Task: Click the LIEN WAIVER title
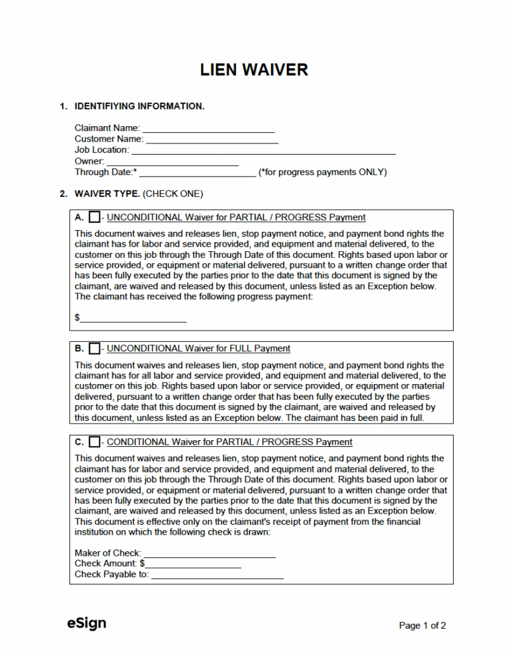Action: tap(254, 70)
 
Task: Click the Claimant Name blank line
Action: tap(208, 129)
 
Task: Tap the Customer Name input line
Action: tap(212, 139)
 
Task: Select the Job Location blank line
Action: tap(263, 151)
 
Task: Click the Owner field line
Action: tap(173, 162)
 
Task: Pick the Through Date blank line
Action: tap(197, 173)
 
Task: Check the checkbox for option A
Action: tap(95, 217)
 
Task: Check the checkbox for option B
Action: tap(95, 348)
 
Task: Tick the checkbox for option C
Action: tap(95, 442)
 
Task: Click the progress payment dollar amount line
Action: tap(133, 319)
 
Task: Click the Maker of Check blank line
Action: tap(209, 553)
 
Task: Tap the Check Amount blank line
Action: tap(193, 564)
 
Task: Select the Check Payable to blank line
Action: tap(217, 575)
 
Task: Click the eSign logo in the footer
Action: tap(86, 623)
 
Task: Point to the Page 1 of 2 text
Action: tap(422, 625)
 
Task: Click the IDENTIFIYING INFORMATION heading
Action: tap(140, 106)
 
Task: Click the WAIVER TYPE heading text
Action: tap(107, 194)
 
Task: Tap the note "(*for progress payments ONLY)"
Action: tap(323, 173)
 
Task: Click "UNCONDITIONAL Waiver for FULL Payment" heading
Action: tap(198, 348)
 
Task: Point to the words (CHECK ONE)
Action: tap(173, 194)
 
